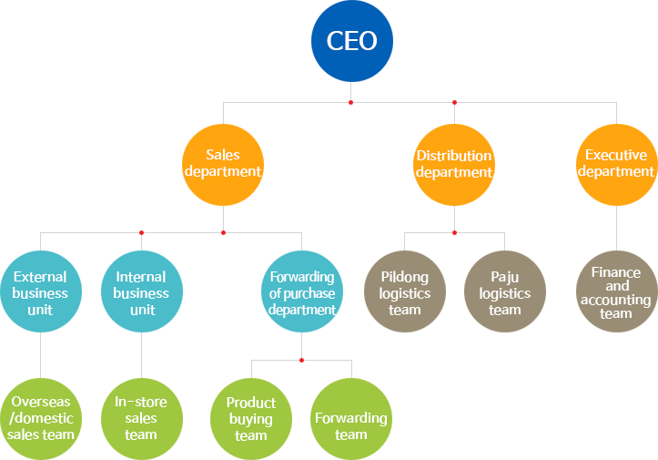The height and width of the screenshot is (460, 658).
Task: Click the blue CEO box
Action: tap(351, 41)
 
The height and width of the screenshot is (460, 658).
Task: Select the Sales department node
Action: tap(223, 164)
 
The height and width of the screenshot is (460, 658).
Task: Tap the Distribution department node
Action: tap(454, 164)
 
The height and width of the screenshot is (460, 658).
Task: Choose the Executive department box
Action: tap(617, 164)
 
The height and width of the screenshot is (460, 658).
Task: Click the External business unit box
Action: tap(41, 291)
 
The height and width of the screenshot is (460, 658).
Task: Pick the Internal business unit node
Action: tap(142, 291)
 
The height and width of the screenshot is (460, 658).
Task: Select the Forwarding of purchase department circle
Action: tap(301, 291)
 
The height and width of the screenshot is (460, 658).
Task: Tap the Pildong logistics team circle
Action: tap(405, 291)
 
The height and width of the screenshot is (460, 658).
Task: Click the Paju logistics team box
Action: tap(505, 291)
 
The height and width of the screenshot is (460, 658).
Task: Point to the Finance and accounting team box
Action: tap(617, 291)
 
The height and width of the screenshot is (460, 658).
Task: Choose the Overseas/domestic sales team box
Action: tap(41, 419)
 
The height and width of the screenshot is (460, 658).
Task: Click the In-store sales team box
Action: tap(142, 419)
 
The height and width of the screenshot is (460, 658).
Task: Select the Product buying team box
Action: tap(251, 419)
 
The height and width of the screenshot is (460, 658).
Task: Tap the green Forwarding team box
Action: tap(351, 419)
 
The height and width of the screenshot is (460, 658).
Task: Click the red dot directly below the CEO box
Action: tap(351, 102)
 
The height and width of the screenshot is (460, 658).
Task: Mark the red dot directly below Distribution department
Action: tap(454, 232)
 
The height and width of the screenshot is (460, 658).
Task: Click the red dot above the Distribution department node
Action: tap(454, 102)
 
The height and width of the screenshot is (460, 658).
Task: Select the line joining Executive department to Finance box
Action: tap(617, 228)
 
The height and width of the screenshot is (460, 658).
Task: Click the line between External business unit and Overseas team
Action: tap(41, 355)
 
